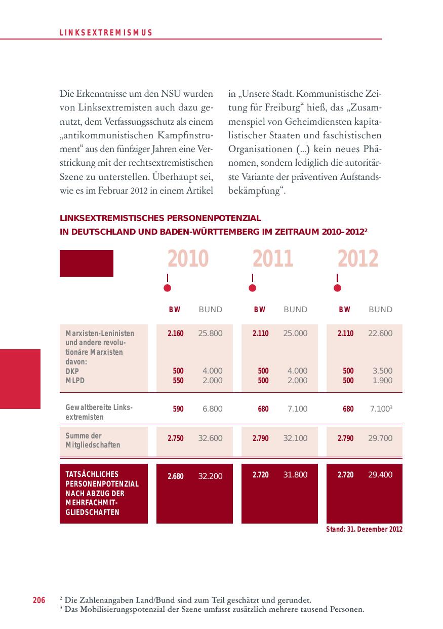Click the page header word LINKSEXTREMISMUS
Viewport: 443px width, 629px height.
[106, 33]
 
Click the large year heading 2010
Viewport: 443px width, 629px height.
[188, 259]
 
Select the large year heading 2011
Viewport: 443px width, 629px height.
[273, 259]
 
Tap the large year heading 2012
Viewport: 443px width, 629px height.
[358, 259]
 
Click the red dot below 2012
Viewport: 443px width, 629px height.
[338, 288]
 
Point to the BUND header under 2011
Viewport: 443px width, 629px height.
[295, 310]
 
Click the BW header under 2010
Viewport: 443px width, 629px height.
[174, 310]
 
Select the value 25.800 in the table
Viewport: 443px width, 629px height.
[210, 334]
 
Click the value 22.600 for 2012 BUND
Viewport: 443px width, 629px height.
[380, 334]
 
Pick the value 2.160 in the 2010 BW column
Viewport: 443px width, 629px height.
[176, 334]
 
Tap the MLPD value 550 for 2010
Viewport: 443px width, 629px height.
[178, 381]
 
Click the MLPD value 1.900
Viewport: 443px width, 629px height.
[382, 381]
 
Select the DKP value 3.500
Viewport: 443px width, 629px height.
[382, 371]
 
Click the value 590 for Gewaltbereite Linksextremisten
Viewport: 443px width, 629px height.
[178, 409]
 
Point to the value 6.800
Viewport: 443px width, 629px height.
[213, 409]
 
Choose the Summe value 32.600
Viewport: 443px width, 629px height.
[210, 438]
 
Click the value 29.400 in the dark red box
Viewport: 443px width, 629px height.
[380, 475]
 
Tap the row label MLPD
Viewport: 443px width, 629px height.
[73, 381]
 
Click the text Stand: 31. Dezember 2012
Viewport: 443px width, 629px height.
[364, 529]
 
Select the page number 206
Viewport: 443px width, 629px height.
[39, 601]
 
